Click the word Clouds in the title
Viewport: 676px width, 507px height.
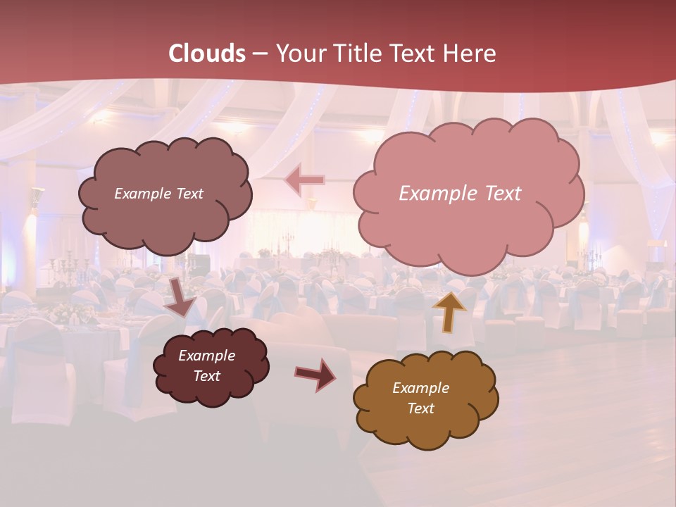coord(207,54)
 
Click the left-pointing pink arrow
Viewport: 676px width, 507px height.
coord(304,180)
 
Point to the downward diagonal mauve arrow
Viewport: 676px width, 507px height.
coord(182,296)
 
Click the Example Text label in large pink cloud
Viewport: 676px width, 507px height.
coord(460,194)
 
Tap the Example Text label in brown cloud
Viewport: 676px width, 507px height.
coord(420,398)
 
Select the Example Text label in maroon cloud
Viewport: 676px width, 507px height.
coord(206,365)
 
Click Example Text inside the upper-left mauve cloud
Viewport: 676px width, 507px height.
coord(158,194)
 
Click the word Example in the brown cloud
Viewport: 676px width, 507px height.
coord(420,388)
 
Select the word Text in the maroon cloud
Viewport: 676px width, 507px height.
coord(206,376)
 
